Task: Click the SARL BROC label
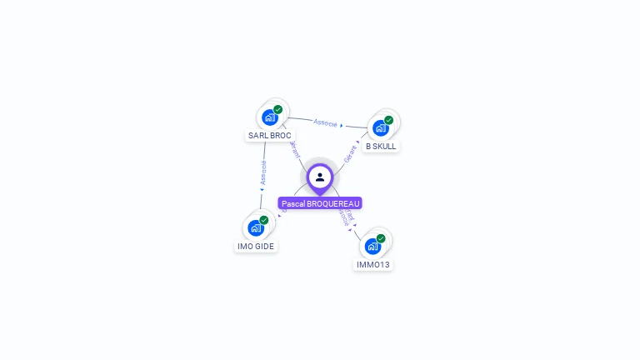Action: click(x=270, y=135)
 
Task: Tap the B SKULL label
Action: click(x=381, y=146)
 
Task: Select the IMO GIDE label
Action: click(x=256, y=246)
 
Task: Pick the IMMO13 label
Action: click(x=372, y=264)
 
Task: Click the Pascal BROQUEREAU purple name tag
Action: click(x=320, y=203)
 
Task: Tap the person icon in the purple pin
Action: click(x=320, y=177)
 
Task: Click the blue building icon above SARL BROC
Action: click(x=269, y=117)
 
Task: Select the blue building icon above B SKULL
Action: click(x=380, y=128)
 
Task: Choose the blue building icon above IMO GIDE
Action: click(x=255, y=227)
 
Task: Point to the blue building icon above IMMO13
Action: click(x=372, y=246)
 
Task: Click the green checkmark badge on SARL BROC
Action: click(x=278, y=109)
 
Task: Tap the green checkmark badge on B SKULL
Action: click(x=388, y=120)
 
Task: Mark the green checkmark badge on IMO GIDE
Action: click(x=264, y=220)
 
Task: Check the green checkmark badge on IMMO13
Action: click(x=381, y=238)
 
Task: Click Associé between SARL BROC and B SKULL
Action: click(x=325, y=122)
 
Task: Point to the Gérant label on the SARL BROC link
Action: click(x=294, y=149)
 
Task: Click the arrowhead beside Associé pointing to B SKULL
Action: click(x=342, y=126)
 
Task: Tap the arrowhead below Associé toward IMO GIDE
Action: click(x=262, y=189)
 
